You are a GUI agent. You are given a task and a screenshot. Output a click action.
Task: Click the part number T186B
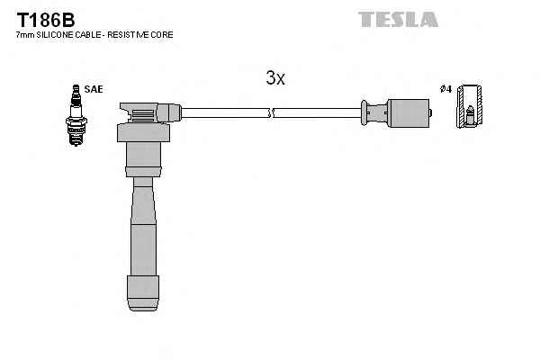click(x=46, y=20)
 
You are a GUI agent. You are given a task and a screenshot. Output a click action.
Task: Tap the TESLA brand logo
click(x=398, y=19)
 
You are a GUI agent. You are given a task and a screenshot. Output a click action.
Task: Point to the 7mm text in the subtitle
click(x=25, y=35)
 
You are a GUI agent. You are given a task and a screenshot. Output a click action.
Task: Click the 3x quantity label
click(x=275, y=78)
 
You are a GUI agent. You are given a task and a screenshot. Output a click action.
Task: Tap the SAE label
click(x=94, y=89)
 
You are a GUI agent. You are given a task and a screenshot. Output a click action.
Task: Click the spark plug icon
click(x=76, y=115)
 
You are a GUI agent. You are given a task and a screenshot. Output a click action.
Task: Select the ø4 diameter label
click(x=445, y=89)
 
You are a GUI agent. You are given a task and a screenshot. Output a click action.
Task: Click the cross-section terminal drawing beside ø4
click(x=469, y=106)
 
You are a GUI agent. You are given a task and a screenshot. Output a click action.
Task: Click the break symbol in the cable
click(x=271, y=113)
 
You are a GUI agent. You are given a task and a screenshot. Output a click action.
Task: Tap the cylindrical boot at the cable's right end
click(x=409, y=113)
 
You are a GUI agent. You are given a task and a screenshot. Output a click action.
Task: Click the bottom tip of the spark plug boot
click(x=143, y=310)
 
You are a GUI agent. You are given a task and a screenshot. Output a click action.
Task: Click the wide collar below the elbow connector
click(x=143, y=132)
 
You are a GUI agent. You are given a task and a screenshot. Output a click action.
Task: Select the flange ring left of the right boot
click(x=364, y=112)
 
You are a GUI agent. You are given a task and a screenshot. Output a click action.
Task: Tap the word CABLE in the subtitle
click(x=88, y=35)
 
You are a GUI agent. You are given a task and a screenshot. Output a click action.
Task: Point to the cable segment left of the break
click(x=225, y=113)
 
